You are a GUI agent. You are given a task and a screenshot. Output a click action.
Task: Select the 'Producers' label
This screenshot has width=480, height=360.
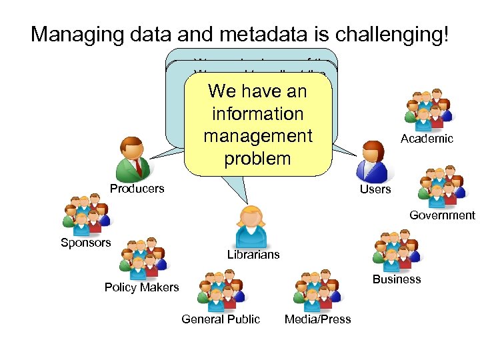pos(137,189)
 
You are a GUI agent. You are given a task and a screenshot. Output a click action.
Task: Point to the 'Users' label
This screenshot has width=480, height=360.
pos(375,190)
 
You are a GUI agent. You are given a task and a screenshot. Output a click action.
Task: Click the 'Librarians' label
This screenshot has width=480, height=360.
pos(253,255)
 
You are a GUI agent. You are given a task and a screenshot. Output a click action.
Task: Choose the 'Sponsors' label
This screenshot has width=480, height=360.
pos(86,243)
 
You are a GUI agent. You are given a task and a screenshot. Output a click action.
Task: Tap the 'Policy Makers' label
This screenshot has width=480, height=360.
pos(141,287)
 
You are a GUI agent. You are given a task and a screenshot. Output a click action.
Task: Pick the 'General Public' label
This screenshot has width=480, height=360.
pos(221,319)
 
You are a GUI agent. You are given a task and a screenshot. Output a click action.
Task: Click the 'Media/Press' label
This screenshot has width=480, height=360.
pos(317,319)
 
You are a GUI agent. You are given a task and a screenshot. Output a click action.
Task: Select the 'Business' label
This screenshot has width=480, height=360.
pos(397,279)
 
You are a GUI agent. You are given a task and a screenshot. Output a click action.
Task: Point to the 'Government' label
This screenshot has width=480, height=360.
pos(442,215)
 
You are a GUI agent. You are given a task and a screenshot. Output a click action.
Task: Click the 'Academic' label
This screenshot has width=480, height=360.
pos(427,139)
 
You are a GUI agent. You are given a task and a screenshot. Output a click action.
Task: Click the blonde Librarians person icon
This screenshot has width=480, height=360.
pos(253,226)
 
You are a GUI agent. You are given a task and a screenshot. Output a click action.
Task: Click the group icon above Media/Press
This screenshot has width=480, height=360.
pos(316,290)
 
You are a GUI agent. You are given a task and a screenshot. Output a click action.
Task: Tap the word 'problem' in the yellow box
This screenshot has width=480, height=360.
pos(257,159)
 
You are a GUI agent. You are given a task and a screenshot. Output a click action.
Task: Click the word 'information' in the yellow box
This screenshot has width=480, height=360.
pos(257,113)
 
